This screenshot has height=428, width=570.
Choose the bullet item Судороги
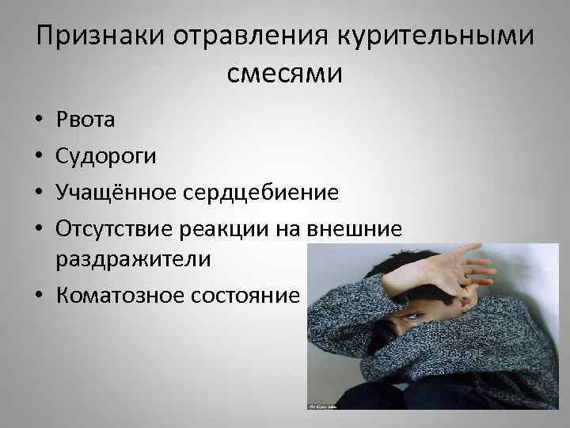(x=105, y=156)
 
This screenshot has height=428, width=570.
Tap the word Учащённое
(x=119, y=192)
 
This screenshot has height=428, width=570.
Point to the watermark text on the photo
(x=320, y=405)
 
